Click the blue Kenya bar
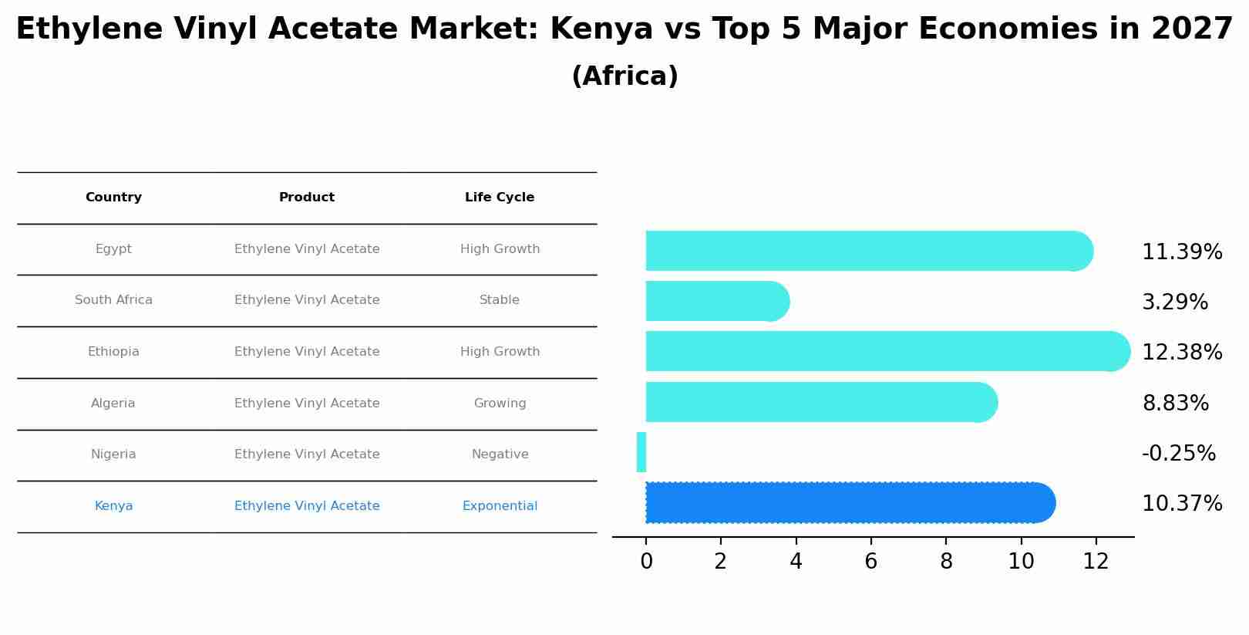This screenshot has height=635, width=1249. [x=848, y=503]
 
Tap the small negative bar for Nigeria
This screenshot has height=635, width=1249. [x=641, y=453]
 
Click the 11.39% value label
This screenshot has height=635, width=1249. [x=1181, y=252]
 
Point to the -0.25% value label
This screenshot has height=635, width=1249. [x=1178, y=454]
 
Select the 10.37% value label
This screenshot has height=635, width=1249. [x=1181, y=504]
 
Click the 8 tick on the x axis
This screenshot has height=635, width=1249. [x=946, y=562]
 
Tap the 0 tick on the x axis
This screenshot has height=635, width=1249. [x=646, y=562]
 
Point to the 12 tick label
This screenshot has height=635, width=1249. [x=1096, y=562]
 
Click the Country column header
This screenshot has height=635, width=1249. [x=113, y=198]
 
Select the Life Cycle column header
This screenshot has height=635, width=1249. [x=500, y=198]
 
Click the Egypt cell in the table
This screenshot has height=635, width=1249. [x=113, y=249]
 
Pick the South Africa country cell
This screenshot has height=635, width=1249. [x=113, y=300]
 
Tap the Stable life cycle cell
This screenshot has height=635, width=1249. [x=500, y=300]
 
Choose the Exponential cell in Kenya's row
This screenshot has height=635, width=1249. [x=500, y=506]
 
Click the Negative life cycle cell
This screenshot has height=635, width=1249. [x=500, y=454]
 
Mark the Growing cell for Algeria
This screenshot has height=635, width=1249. [x=500, y=404]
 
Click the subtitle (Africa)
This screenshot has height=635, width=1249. [x=624, y=76]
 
